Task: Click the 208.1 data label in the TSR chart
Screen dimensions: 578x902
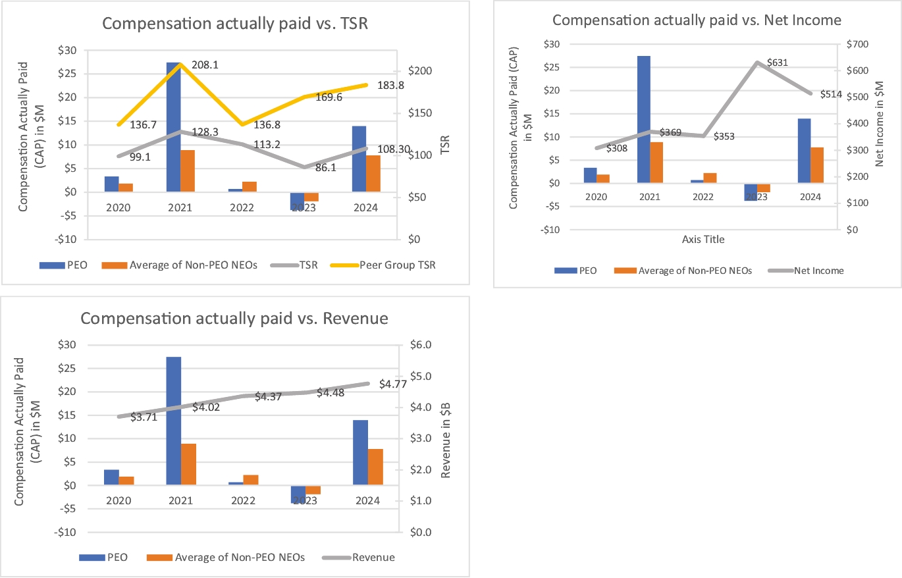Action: point(204,66)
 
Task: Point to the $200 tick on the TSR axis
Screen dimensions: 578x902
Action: point(421,71)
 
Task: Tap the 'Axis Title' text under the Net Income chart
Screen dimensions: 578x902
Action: point(703,240)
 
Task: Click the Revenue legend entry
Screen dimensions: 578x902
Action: point(373,557)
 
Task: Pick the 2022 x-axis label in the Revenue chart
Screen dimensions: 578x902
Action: point(243,500)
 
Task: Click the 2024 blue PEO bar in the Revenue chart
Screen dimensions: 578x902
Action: point(360,453)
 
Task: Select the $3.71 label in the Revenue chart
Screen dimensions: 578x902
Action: point(143,417)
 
